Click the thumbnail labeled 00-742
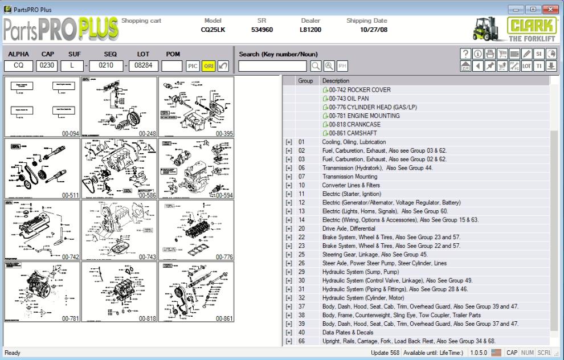(x=43, y=230)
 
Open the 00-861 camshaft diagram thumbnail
(x=196, y=292)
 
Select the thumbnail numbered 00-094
(x=43, y=107)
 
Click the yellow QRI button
(x=209, y=66)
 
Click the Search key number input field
(x=273, y=66)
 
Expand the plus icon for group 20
(x=289, y=228)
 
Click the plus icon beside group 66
(x=289, y=341)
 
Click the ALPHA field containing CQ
(x=19, y=66)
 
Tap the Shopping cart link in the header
(x=141, y=21)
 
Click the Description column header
(x=336, y=81)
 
